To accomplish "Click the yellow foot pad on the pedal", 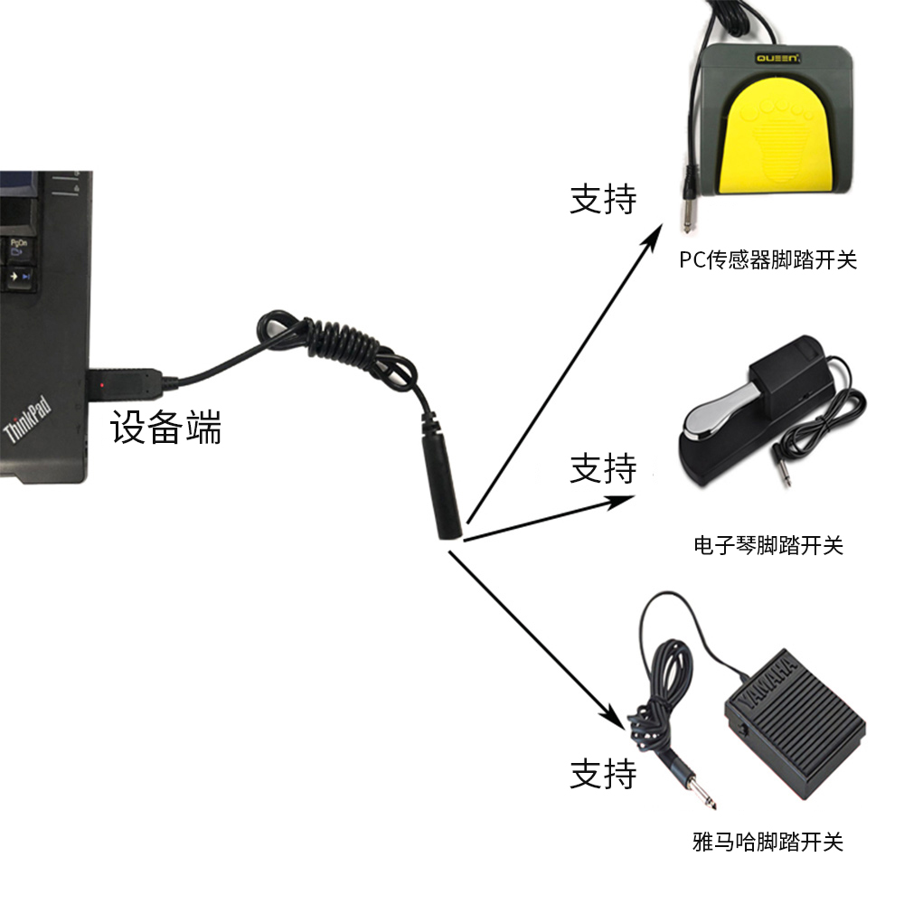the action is pyautogui.click(x=776, y=137).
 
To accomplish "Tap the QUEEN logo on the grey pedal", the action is pyautogui.click(x=777, y=58).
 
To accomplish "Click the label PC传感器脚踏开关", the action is pyautogui.click(x=767, y=260).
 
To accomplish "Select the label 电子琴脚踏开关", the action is pyautogui.click(x=767, y=545).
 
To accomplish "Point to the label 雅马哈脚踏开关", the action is pyautogui.click(x=767, y=842).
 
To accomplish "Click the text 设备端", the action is pyautogui.click(x=165, y=428).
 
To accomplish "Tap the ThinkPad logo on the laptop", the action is pyautogui.click(x=27, y=419).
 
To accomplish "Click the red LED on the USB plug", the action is pyautogui.click(x=103, y=384).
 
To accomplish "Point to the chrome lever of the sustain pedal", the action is pyautogui.click(x=720, y=413).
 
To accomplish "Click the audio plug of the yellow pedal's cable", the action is pyautogui.click(x=688, y=202).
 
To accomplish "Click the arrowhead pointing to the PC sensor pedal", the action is pyautogui.click(x=653, y=238).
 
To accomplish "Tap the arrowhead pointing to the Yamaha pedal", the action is pyautogui.click(x=614, y=717).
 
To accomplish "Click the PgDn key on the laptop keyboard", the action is pyautogui.click(x=19, y=248).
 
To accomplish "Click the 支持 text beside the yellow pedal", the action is pyautogui.click(x=603, y=200).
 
